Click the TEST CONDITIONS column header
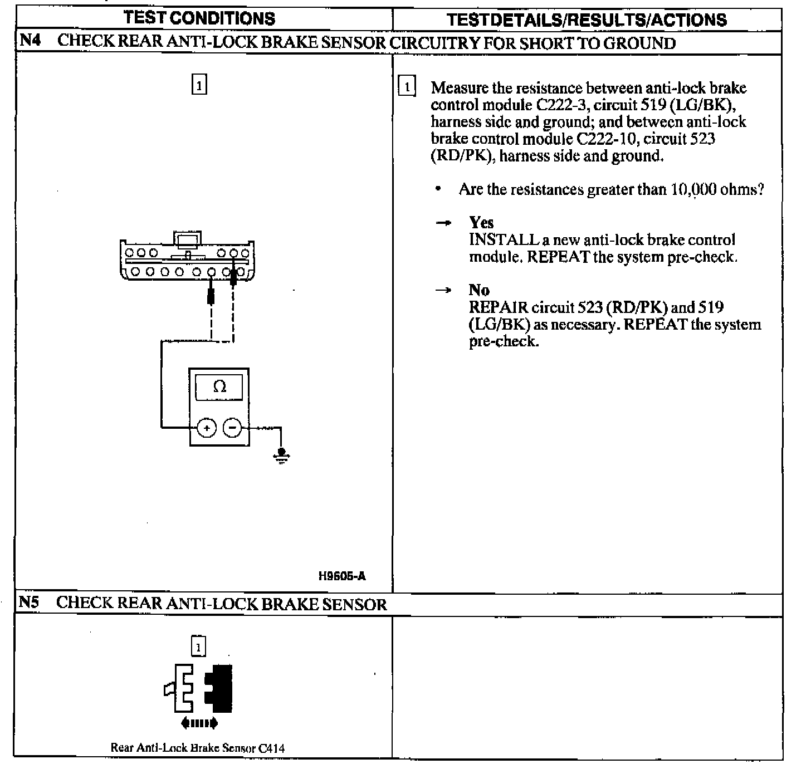pyautogui.click(x=199, y=18)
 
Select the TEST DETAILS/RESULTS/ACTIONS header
pyautogui.click(x=587, y=20)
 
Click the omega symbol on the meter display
pyautogui.click(x=219, y=386)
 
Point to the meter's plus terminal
pyautogui.click(x=206, y=428)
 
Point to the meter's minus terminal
pyautogui.click(x=232, y=428)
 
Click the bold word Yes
pyautogui.click(x=481, y=223)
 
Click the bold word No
pyautogui.click(x=479, y=290)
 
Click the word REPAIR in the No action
pyautogui.click(x=498, y=307)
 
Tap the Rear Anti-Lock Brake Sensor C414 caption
pyautogui.click(x=197, y=748)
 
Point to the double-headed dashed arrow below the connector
pyautogui.click(x=199, y=724)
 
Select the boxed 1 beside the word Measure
pyautogui.click(x=407, y=87)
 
